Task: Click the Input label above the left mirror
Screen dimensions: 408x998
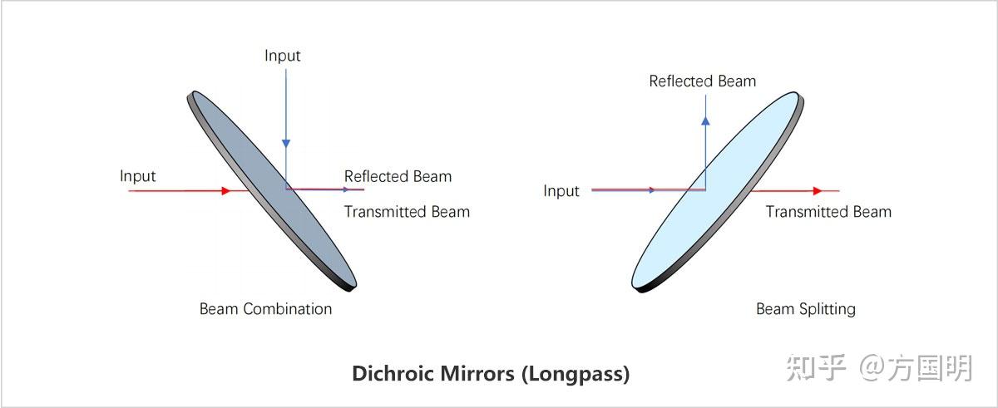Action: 283,56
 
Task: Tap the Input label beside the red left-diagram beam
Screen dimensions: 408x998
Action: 138,176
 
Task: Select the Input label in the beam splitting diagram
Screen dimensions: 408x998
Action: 561,191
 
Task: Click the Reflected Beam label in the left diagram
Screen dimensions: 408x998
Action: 398,176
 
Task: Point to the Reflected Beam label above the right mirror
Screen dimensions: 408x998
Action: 703,81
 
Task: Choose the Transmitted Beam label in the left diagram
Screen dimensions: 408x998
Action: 407,212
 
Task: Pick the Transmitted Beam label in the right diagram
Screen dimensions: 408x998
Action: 828,212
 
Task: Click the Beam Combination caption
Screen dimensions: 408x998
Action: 265,309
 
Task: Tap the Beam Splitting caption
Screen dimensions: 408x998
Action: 805,309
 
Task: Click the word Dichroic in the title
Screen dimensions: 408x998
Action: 392,373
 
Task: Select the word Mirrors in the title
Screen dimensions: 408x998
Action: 477,373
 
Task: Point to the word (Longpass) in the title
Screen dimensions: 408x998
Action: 576,373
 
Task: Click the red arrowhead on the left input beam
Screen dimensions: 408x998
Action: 225,191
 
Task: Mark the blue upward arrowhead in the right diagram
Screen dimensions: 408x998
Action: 705,120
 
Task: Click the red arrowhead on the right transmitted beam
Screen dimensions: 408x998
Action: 818,191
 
